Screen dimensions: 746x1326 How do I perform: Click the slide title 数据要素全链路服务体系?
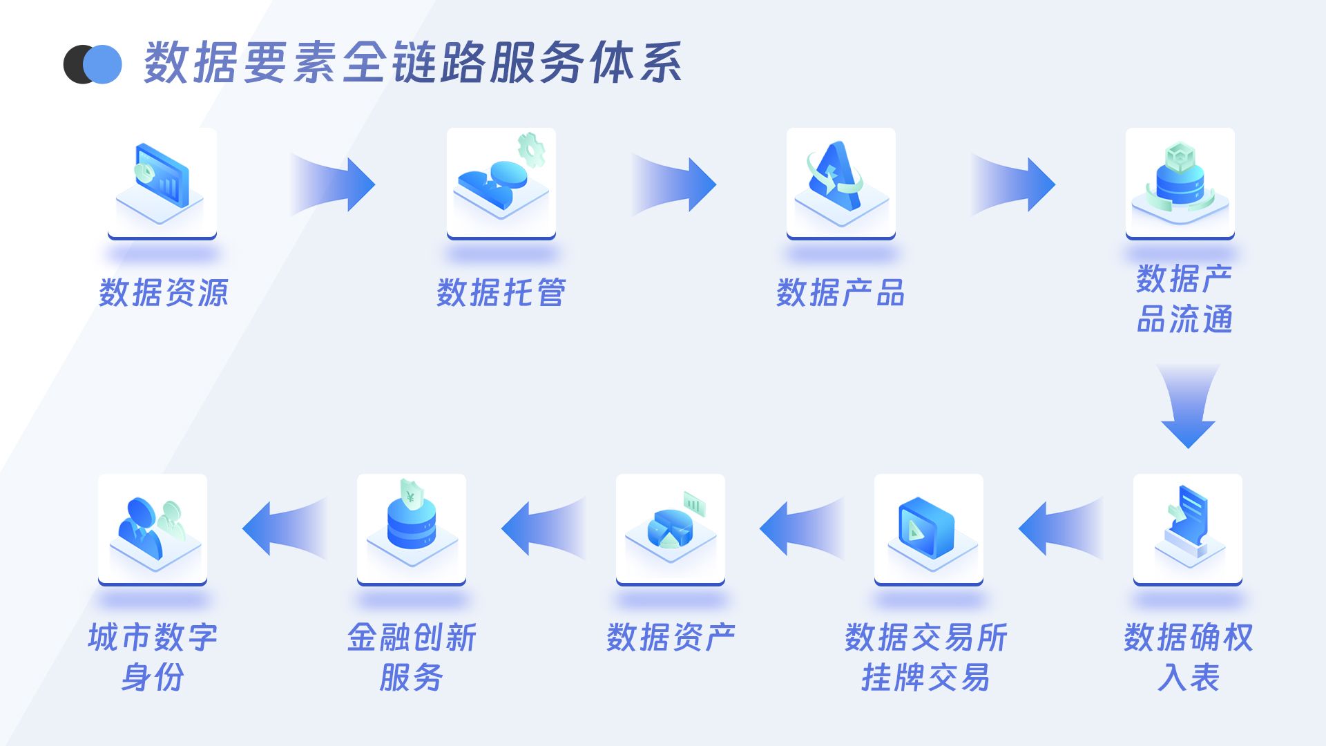point(413,63)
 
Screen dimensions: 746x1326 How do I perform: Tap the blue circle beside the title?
point(104,65)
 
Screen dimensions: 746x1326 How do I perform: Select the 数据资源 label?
point(163,293)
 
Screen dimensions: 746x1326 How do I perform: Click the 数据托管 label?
point(501,293)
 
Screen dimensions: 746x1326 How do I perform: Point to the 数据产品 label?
point(840,293)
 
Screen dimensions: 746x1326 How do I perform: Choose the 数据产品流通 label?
point(1184,298)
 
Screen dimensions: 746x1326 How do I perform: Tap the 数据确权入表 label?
point(1188,657)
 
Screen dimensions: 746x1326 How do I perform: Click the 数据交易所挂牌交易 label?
point(926,657)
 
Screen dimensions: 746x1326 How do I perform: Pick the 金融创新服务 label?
point(412,657)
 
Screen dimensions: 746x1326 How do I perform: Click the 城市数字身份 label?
point(153,657)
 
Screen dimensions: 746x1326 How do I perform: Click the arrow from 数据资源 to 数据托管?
point(334,184)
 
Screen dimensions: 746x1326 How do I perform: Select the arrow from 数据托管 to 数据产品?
point(675,184)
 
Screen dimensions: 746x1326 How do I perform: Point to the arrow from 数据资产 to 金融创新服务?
point(543,528)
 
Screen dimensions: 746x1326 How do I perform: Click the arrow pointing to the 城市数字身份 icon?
point(284,528)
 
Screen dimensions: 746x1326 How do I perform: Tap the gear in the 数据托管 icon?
point(531,149)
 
